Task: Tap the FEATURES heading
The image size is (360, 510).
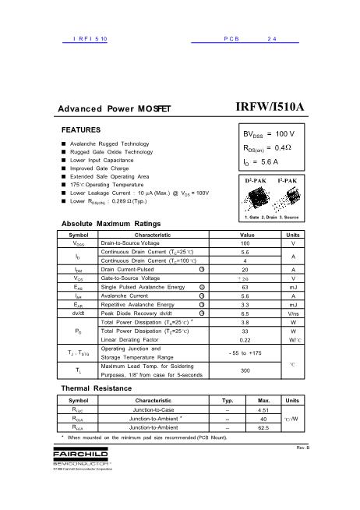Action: [x=81, y=129]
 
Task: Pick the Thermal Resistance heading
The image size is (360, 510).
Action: [x=97, y=388]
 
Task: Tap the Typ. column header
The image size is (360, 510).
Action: [x=228, y=399]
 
